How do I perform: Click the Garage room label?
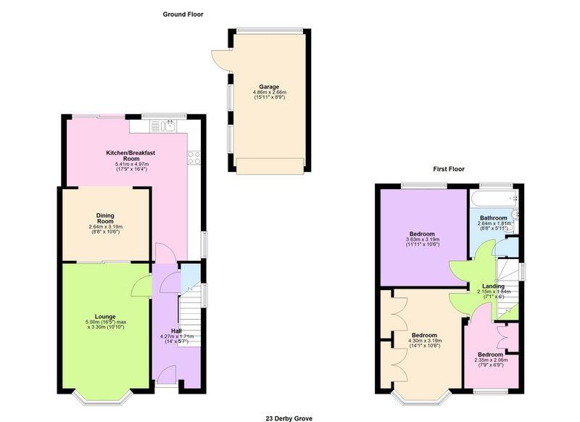[269, 87]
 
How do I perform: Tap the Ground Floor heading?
[183, 15]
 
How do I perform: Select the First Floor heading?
[449, 169]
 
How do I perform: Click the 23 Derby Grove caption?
[289, 418]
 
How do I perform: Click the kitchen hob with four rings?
[194, 158]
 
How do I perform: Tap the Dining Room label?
[105, 218]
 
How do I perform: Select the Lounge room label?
[105, 317]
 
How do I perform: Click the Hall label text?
[176, 331]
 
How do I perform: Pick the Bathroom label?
[494, 218]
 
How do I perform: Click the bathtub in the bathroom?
[494, 198]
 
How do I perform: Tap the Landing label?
[494, 286]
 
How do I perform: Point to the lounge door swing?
[141, 285]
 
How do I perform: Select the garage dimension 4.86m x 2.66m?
[270, 92]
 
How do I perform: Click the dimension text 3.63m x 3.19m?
[423, 239]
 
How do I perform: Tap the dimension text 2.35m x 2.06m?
[491, 360]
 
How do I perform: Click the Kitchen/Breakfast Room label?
[130, 155]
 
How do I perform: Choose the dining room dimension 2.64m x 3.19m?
[105, 227]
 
